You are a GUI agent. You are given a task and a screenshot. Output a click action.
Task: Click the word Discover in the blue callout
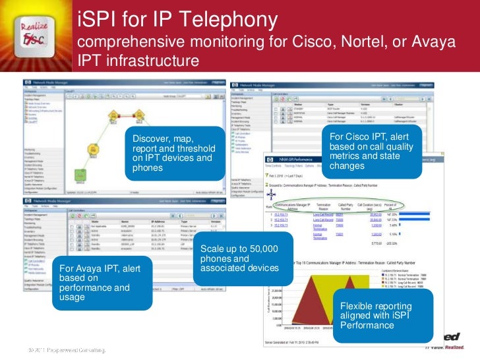(154, 139)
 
